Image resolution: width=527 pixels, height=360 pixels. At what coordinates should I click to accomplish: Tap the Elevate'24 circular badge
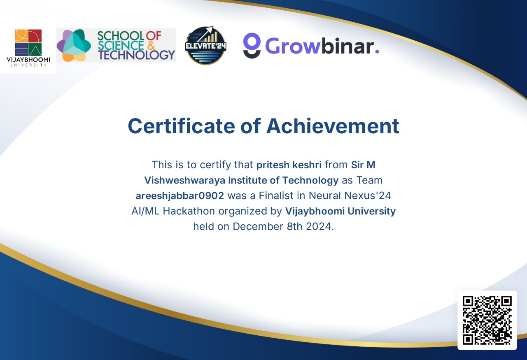click(x=205, y=45)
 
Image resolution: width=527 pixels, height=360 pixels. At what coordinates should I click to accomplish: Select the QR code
click(x=487, y=320)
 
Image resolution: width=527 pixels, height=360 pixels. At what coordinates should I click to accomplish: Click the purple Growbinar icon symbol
click(x=252, y=45)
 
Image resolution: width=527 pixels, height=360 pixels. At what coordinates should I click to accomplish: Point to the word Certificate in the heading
click(x=182, y=126)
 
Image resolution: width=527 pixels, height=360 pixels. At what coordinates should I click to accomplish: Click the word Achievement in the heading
click(x=333, y=126)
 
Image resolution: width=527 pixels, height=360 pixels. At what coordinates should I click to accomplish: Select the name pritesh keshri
click(x=289, y=165)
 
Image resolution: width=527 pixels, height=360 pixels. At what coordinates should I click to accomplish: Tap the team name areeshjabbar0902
click(x=180, y=196)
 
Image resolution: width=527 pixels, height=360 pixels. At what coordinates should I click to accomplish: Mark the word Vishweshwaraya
click(x=185, y=180)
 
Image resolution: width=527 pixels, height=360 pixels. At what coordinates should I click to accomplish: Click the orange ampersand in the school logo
click(x=151, y=45)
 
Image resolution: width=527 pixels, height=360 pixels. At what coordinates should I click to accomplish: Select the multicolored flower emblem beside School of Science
click(x=74, y=45)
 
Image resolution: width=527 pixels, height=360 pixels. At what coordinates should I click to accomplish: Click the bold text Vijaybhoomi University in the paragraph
click(x=340, y=211)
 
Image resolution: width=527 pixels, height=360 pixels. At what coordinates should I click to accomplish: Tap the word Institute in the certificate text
click(x=247, y=180)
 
